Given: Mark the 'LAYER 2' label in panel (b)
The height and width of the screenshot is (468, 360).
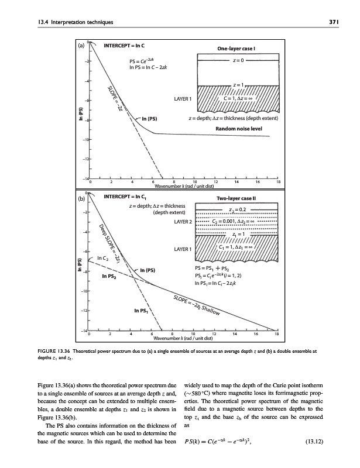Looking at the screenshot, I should [x=183, y=222].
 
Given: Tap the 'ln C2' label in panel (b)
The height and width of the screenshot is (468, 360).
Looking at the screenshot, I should [x=103, y=258].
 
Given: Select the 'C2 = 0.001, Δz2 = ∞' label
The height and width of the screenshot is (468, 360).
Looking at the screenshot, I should [x=238, y=222].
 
